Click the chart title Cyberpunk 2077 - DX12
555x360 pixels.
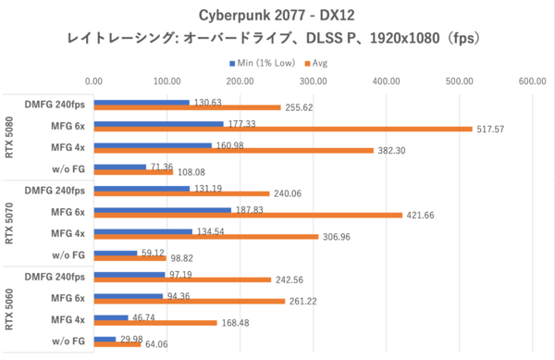(277, 16)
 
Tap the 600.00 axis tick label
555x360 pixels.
(532, 81)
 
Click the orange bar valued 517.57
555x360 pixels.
(283, 130)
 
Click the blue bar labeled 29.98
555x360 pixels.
(105, 339)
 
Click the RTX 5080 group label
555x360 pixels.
(9, 136)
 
